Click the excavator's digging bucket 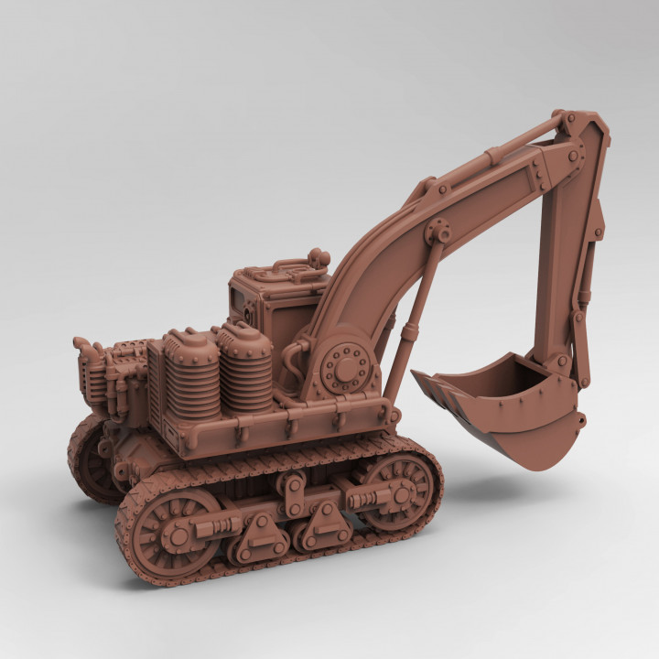tap(513, 412)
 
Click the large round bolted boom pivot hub tap(347, 369)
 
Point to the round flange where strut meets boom tap(438, 230)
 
